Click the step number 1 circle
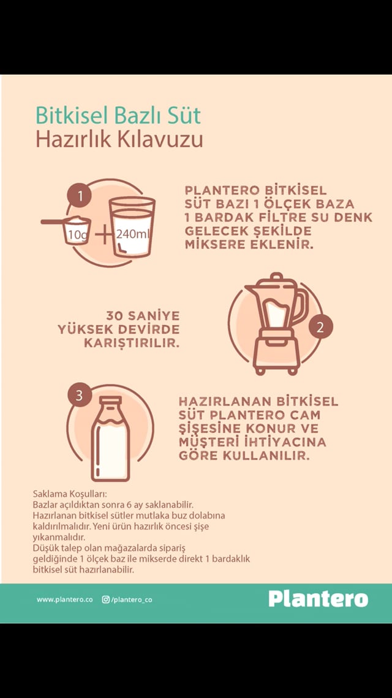click(x=79, y=196)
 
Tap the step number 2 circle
click(x=320, y=328)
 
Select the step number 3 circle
click(x=79, y=395)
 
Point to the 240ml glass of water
click(x=132, y=227)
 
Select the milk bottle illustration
click(x=111, y=439)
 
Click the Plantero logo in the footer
click(x=318, y=599)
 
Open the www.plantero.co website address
click(x=64, y=600)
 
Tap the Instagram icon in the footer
click(x=106, y=599)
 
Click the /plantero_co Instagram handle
click(x=132, y=600)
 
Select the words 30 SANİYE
click(x=143, y=316)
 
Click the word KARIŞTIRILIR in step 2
click(x=132, y=343)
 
